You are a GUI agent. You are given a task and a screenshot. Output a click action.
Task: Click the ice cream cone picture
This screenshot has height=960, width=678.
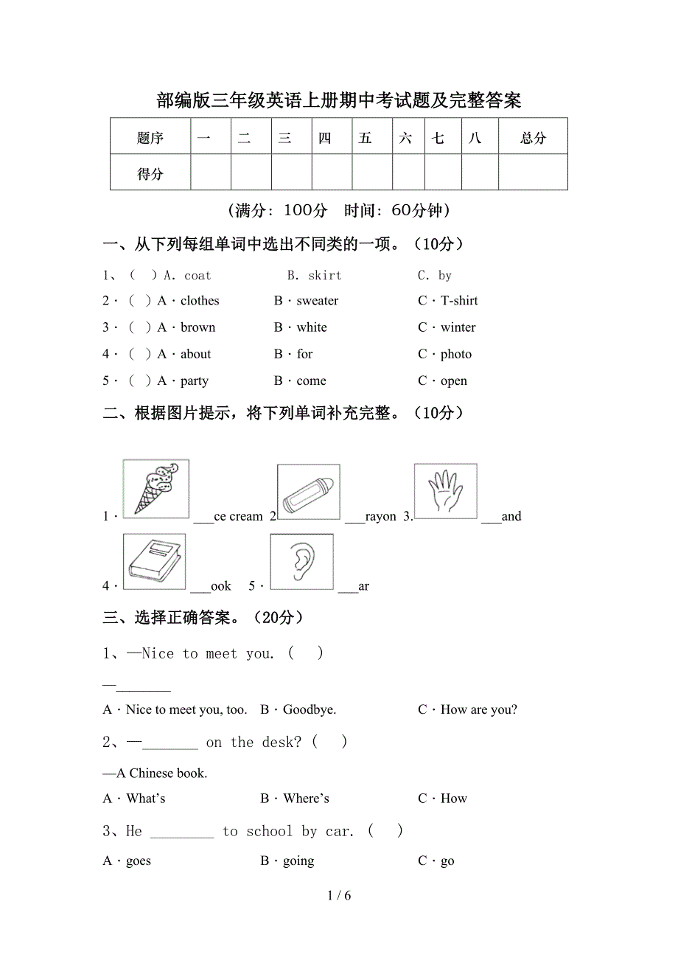coord(155,488)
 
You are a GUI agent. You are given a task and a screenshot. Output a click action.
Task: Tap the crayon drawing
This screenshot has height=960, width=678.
coord(308,492)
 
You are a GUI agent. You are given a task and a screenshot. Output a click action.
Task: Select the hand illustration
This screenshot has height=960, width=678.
coord(445,490)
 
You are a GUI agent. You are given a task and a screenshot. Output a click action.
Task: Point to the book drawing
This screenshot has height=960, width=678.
coord(154,561)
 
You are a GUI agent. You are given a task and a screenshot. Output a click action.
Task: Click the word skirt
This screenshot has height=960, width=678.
coord(324,276)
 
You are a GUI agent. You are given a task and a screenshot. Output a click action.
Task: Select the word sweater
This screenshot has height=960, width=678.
coord(318,301)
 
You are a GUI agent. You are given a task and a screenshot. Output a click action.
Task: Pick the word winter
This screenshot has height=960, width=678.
coord(458,327)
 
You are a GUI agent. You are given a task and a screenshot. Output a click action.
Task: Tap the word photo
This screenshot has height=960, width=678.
coord(455,355)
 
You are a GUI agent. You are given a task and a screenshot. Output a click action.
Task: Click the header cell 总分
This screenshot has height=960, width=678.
coord(533,137)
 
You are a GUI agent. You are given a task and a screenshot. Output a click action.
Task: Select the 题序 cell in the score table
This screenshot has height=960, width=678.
coord(150,137)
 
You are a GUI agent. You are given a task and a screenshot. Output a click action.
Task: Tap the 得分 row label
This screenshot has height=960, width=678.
coord(150,174)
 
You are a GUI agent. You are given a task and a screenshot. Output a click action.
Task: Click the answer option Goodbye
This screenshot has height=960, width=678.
coord(309,710)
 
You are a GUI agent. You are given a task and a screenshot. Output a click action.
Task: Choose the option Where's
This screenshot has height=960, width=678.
coord(306,799)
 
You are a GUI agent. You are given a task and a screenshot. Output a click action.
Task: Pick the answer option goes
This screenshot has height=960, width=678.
coord(138,861)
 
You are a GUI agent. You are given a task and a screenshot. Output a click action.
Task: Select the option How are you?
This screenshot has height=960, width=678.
coord(478,710)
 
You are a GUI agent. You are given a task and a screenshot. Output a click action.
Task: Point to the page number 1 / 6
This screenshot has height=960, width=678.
coord(339,896)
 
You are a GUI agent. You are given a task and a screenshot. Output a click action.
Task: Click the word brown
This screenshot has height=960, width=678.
coord(198,327)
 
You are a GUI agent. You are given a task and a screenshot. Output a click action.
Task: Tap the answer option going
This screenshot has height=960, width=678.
coord(298,861)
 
